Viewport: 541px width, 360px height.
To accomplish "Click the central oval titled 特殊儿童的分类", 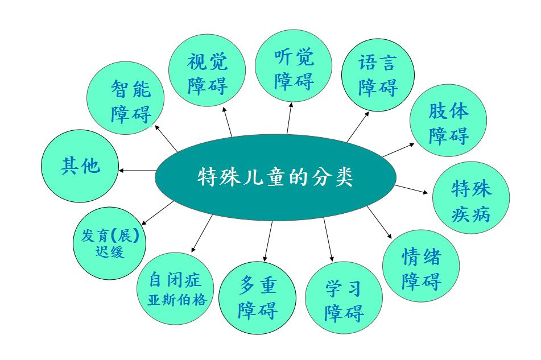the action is [x=275, y=177].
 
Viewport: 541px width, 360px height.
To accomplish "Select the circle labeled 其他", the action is [x=80, y=166].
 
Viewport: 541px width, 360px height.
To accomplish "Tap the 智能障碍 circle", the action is [x=125, y=98].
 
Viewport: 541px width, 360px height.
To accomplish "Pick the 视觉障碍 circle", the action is [x=207, y=71].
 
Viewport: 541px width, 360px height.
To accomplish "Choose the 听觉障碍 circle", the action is [x=294, y=65].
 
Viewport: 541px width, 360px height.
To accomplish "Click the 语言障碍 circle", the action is [x=378, y=75].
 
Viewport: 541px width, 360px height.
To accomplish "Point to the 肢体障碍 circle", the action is [x=448, y=121].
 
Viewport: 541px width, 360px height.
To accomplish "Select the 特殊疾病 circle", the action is [x=471, y=197].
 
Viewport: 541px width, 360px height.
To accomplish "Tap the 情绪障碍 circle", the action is [x=421, y=266].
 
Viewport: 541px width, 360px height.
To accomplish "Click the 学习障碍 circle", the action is [x=344, y=297].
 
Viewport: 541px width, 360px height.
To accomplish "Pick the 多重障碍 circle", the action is [x=257, y=297].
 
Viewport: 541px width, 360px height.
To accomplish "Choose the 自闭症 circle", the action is [x=175, y=288].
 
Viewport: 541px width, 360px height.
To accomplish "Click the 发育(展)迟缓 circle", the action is [x=109, y=243].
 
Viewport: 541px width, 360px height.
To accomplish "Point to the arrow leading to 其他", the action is [x=137, y=171].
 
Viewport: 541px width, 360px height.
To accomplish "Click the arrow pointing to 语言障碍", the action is [x=358, y=127].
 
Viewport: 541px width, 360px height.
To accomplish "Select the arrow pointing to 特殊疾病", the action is [x=411, y=189].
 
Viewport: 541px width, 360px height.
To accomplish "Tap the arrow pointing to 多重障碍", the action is [x=268, y=241].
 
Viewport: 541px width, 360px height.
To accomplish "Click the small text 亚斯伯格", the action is [x=177, y=300].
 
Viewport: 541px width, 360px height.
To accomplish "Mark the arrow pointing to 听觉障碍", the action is [x=290, y=118].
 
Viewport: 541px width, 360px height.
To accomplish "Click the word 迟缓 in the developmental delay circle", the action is [x=109, y=252].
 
